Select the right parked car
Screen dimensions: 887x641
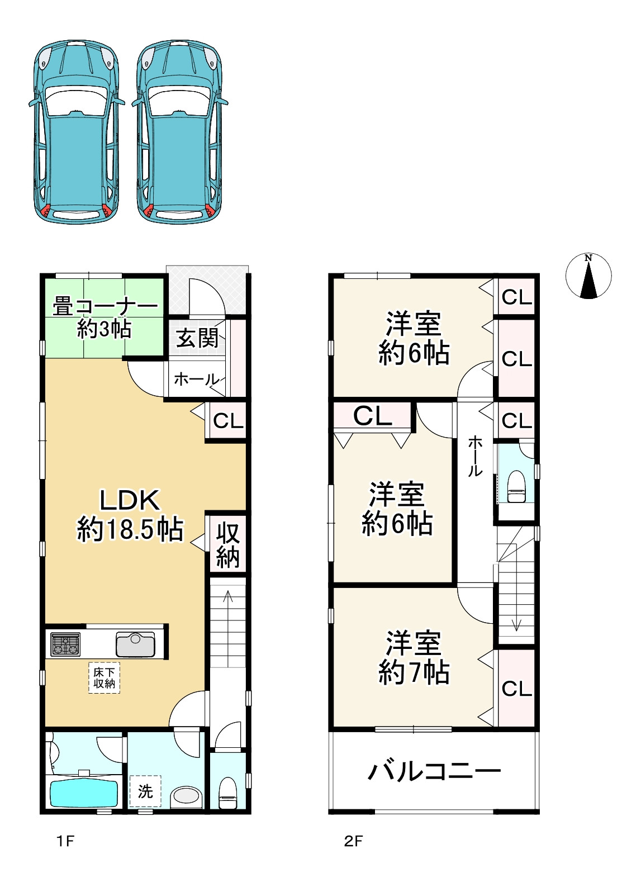coord(180,131)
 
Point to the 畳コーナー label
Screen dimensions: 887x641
coord(105,307)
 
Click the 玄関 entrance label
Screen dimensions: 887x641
coord(197,338)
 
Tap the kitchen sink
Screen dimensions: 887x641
coord(135,644)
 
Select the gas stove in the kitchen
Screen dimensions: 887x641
coord(65,644)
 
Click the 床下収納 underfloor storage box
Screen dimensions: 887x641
coord(104,677)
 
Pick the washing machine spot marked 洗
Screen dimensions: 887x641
coord(145,791)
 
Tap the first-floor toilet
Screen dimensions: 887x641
coord(227,793)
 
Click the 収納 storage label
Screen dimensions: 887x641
coord(227,545)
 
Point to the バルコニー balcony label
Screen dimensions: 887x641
coord(434,772)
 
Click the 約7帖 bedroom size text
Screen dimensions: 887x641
coord(414,672)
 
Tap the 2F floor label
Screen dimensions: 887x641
coord(353,841)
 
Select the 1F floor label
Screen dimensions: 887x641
coord(65,841)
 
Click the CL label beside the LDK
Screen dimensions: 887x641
coord(227,421)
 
